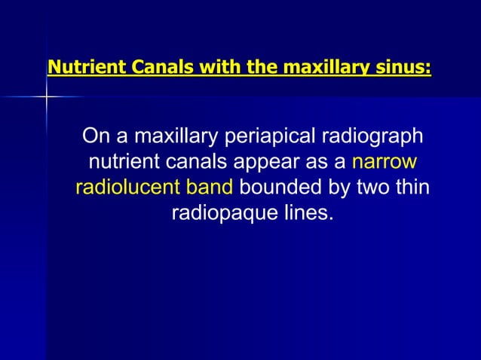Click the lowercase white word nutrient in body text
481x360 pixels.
pyautogui.click(x=124, y=162)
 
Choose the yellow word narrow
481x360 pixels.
pyautogui.click(x=384, y=162)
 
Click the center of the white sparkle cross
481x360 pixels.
pyautogui.click(x=46, y=96)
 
